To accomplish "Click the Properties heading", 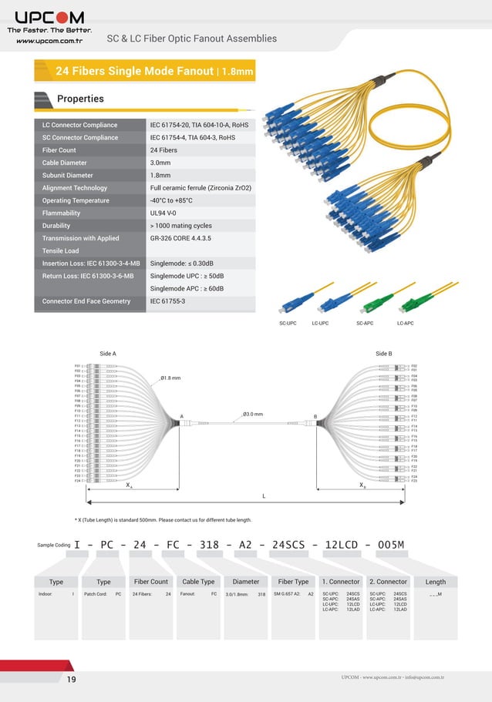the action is tap(80, 99).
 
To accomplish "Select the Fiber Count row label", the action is tap(59, 150).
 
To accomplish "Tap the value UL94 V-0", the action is tap(163, 213).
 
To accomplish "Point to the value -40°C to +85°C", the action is tap(171, 200).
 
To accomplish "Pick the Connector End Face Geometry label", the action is tap(86, 301).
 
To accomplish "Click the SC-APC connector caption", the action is tap(365, 323).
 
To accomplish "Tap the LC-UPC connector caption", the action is tap(320, 323).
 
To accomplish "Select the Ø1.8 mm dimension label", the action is tap(170, 378).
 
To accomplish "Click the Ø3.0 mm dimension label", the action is tap(253, 414).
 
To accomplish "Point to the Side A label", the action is tap(108, 353).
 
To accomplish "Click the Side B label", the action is tap(383, 353).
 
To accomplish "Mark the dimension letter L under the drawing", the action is tap(264, 495).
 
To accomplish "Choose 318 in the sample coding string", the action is tap(209, 545).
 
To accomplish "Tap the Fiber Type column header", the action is tap(293, 582).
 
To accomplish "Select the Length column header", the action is tap(436, 582).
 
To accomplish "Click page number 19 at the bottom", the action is tap(71, 679).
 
